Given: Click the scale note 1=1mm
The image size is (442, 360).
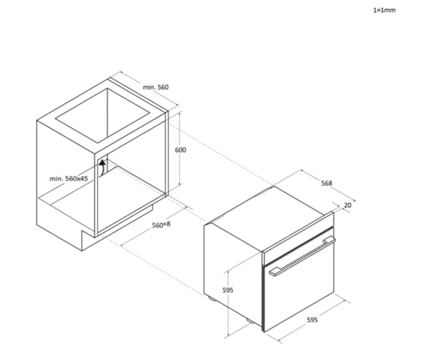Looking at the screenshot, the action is click(x=384, y=10).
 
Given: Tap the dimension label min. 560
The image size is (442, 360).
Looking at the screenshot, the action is click(x=156, y=87).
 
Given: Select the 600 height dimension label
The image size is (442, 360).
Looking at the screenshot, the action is click(x=181, y=150).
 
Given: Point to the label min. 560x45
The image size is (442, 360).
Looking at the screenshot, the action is click(x=69, y=179).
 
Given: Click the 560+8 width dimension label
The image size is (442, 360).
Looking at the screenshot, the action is click(x=161, y=225).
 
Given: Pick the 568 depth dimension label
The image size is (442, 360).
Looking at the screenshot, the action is click(x=327, y=183).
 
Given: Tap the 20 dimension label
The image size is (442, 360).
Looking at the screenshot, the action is click(x=348, y=206).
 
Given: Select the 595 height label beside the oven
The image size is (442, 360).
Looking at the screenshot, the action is click(x=228, y=290).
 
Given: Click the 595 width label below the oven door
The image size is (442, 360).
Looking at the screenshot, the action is click(x=312, y=320).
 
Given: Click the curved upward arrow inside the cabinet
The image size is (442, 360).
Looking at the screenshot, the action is click(x=103, y=167).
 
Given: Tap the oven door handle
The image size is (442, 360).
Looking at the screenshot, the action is click(x=302, y=256).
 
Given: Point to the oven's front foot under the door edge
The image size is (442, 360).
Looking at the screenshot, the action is click(x=250, y=321).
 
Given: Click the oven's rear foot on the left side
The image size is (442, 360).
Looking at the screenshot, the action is click(x=212, y=298).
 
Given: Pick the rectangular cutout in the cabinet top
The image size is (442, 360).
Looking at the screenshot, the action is click(x=103, y=116).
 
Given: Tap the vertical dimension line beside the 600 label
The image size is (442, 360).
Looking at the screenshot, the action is click(x=180, y=149).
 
